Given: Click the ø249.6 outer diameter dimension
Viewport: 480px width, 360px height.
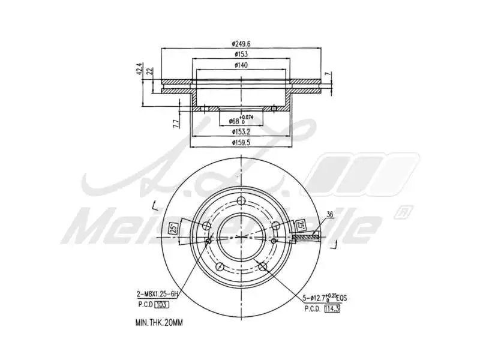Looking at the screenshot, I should pyautogui.click(x=241, y=43).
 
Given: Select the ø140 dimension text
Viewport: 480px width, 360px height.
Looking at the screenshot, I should pyautogui.click(x=241, y=65).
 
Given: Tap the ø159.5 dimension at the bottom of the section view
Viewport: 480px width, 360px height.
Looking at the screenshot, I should pyautogui.click(x=241, y=142).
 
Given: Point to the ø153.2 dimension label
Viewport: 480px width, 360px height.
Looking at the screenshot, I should pyautogui.click(x=241, y=131).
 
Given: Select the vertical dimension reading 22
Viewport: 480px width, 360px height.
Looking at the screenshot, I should pyautogui.click(x=150, y=71).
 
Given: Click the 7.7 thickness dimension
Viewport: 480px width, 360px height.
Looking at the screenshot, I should pyautogui.click(x=176, y=123).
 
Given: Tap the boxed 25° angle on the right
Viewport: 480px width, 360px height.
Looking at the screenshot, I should pyautogui.click(x=300, y=226).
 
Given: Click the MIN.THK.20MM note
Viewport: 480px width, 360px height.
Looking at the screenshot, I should pyautogui.click(x=158, y=322).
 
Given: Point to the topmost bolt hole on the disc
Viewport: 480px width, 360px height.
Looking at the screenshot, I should pyautogui.click(x=241, y=201).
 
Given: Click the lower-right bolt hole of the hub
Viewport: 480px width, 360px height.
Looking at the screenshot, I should pyautogui.click(x=262, y=265).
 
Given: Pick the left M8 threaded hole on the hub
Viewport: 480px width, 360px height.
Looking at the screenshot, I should pyautogui.click(x=208, y=241).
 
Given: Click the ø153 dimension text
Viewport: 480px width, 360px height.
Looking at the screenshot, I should pyautogui.click(x=241, y=54).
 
